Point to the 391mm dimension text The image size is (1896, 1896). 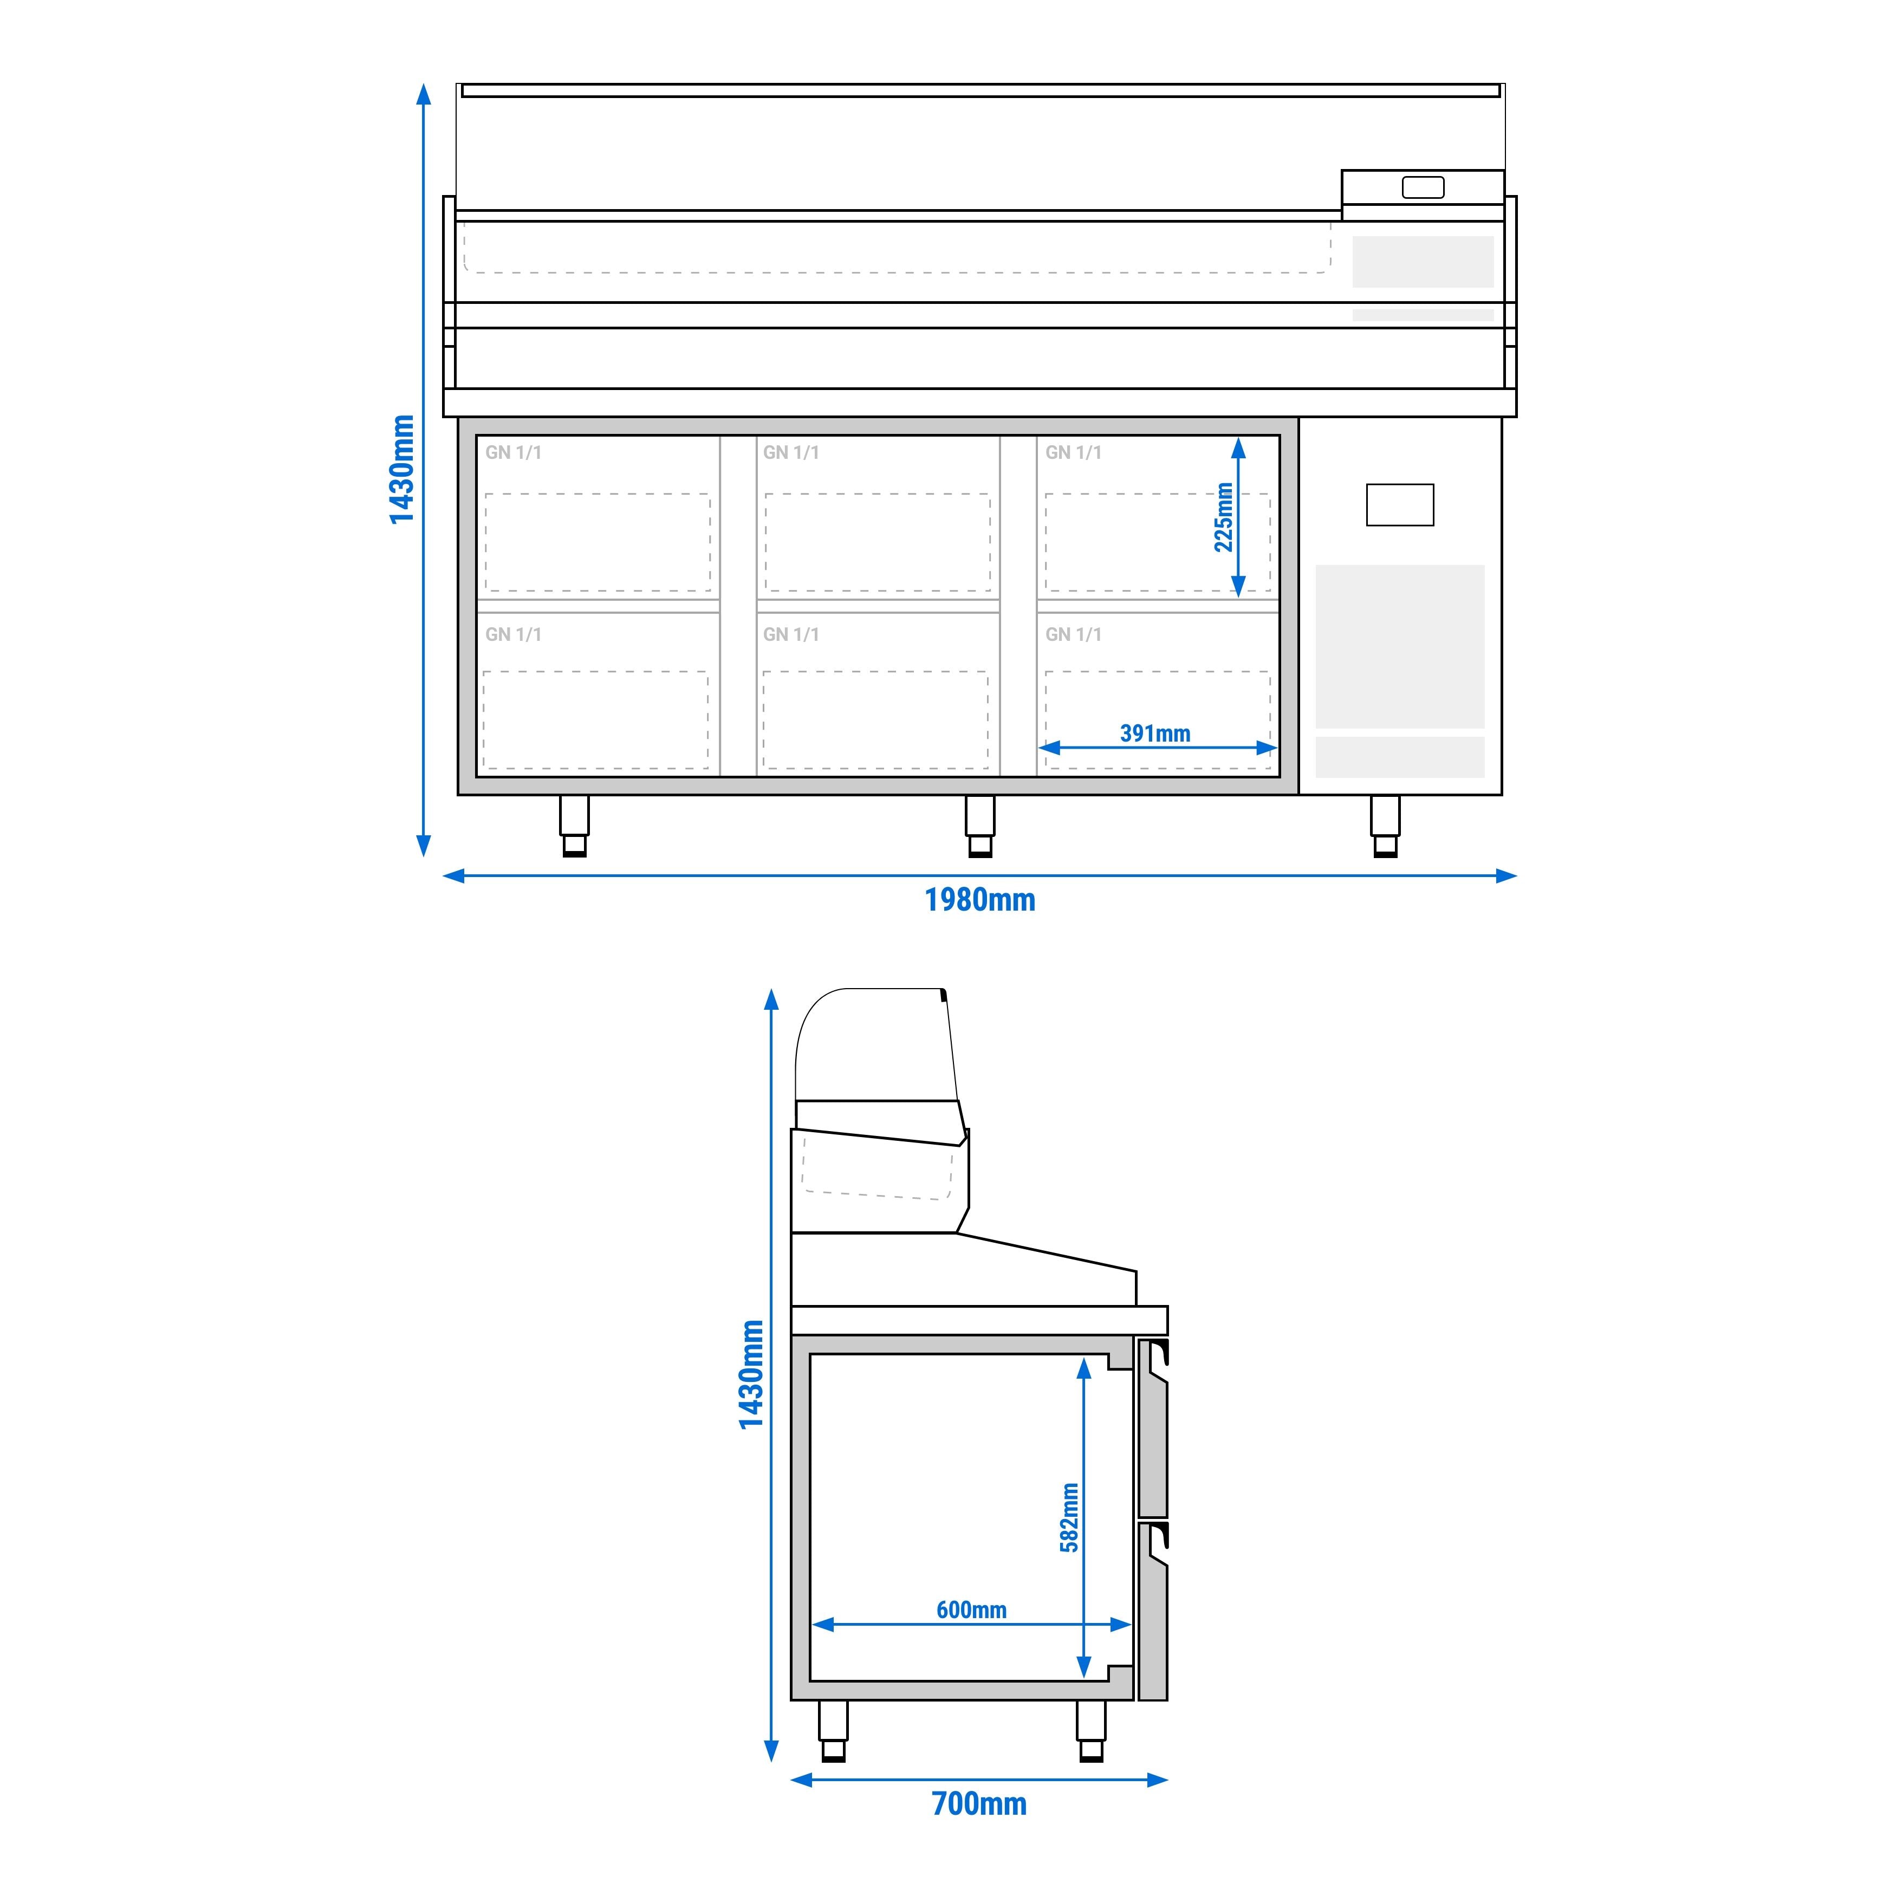tap(1155, 733)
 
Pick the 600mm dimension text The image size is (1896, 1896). tap(971, 1609)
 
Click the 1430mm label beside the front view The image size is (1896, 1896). tap(401, 469)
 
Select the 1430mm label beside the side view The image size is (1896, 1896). tap(751, 1374)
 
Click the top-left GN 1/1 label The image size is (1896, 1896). tap(513, 452)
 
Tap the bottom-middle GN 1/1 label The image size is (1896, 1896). tap(791, 634)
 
